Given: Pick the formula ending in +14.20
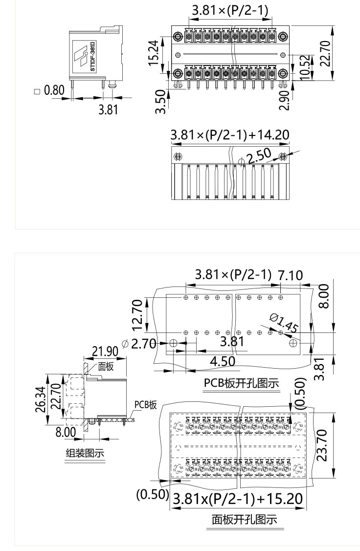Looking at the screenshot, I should (229, 134).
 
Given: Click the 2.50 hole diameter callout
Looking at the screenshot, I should (259, 157).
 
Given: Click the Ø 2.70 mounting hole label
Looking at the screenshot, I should (138, 343).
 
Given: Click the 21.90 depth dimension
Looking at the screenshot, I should (105, 351).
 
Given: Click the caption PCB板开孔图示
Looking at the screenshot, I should (241, 383).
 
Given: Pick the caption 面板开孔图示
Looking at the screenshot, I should (244, 519).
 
